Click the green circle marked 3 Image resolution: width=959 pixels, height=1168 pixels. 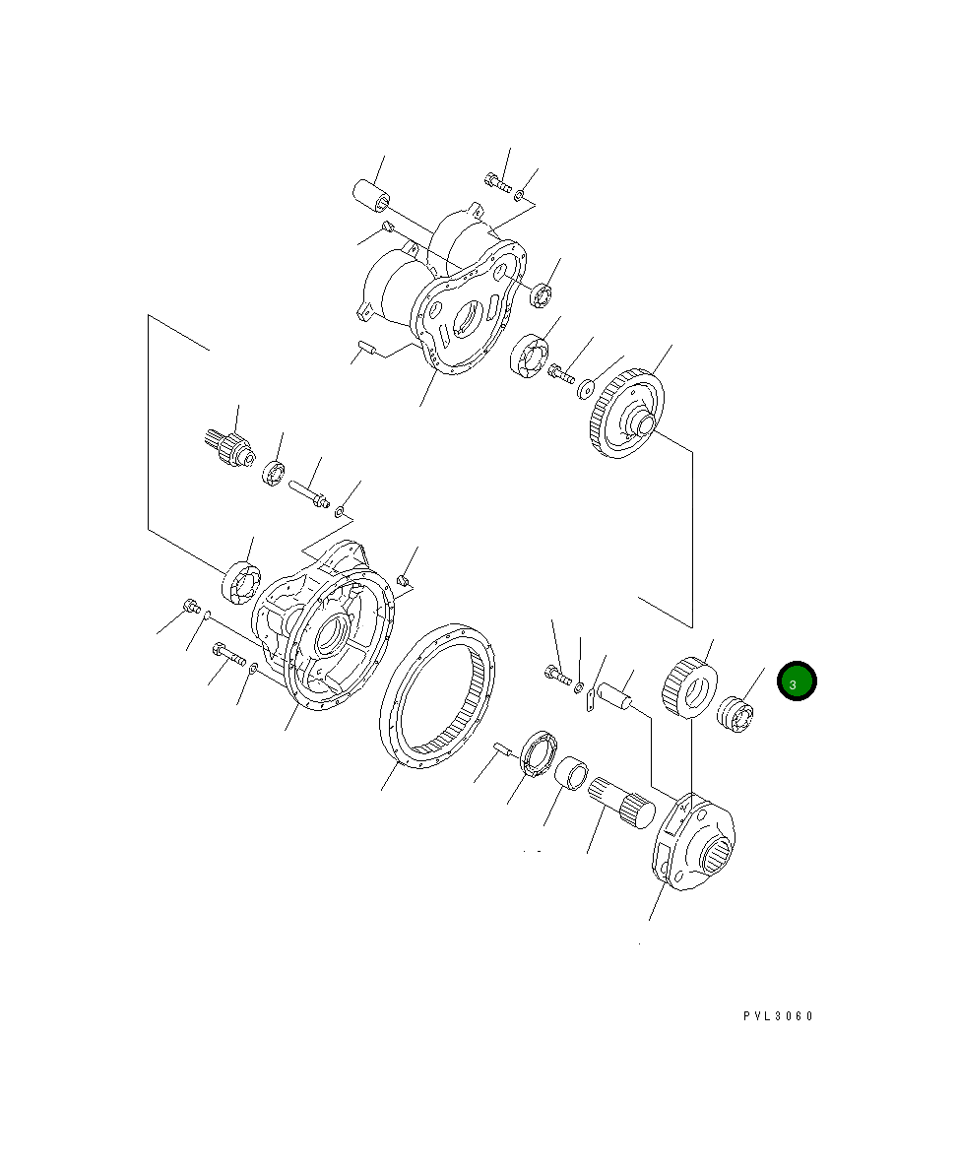797,681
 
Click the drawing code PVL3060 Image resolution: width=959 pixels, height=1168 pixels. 778,1016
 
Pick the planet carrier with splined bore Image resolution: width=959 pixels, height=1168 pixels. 696,843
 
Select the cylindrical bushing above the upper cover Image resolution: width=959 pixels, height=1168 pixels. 372,193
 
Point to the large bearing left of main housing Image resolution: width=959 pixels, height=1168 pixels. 240,582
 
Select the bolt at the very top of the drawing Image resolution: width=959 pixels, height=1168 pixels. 498,182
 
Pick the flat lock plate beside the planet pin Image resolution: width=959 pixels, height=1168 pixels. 589,700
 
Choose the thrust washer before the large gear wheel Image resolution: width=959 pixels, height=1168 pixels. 587,388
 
